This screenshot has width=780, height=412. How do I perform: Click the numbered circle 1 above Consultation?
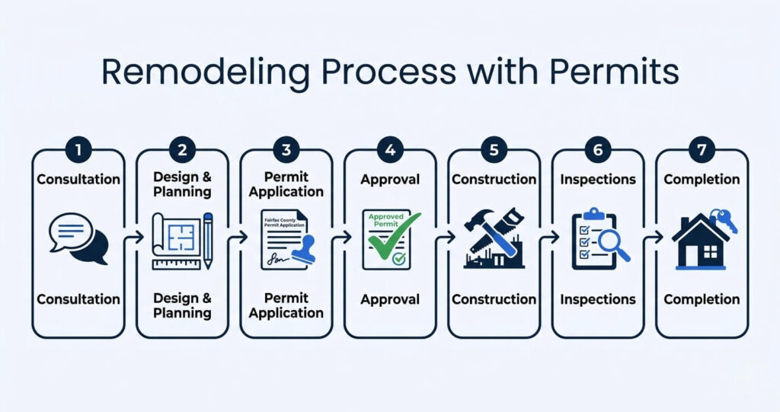point(78,150)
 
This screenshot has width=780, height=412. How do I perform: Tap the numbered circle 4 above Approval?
point(390,150)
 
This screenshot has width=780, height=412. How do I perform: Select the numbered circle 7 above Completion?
point(702,150)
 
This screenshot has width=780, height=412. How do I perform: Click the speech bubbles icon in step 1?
point(78,238)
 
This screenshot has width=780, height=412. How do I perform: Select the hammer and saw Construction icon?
point(493,238)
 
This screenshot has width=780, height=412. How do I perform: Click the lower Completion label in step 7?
point(702,299)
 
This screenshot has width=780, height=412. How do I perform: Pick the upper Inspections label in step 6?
point(598,180)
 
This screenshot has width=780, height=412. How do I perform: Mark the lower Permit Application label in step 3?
point(286,305)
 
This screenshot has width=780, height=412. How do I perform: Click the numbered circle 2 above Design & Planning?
point(182,150)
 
